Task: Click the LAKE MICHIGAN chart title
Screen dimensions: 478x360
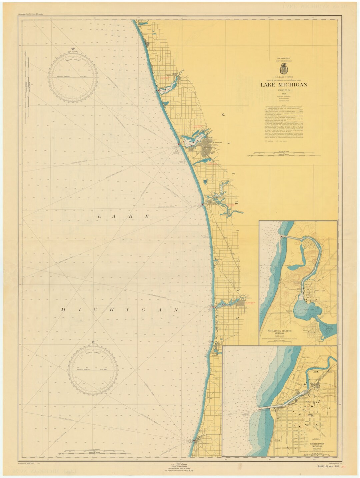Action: pos(284,85)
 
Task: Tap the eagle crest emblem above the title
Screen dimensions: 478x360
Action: pos(284,69)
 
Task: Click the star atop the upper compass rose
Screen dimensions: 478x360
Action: pos(73,49)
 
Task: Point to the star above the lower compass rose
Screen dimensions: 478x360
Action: pos(93,341)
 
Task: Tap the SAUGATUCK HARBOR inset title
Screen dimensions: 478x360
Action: pos(279,331)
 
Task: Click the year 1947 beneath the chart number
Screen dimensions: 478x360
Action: pos(284,94)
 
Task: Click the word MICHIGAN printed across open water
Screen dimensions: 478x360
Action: pos(120,310)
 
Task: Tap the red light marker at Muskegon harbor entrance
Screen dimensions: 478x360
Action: pos(179,144)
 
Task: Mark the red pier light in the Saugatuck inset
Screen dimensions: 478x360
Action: pos(282,237)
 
